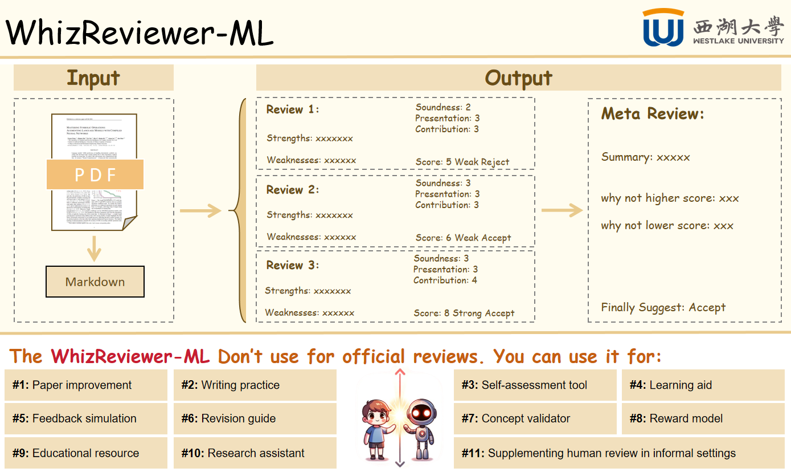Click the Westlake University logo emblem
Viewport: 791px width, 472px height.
pos(663,28)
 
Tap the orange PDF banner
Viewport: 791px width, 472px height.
pos(95,174)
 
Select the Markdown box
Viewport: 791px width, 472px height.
pos(95,282)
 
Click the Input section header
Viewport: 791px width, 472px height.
pos(93,78)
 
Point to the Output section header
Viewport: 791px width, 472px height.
pos(518,78)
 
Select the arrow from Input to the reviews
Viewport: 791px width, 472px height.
pos(200,211)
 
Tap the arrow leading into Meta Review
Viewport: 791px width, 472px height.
pos(562,211)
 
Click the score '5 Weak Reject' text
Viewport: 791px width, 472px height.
pos(462,162)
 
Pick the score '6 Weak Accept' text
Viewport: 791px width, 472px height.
pos(463,238)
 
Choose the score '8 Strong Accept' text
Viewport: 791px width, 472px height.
pos(464,313)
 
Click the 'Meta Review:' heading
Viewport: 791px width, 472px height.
pos(653,114)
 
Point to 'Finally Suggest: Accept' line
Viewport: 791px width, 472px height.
pos(663,308)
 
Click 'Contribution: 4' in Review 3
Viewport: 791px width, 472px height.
pos(445,280)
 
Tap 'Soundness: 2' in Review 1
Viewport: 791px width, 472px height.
pos(443,107)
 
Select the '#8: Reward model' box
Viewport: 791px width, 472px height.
pos(703,418)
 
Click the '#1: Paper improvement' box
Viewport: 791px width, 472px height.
pos(86,385)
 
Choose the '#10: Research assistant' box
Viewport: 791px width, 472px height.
pos(255,453)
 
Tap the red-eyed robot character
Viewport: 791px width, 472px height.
pos(421,427)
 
